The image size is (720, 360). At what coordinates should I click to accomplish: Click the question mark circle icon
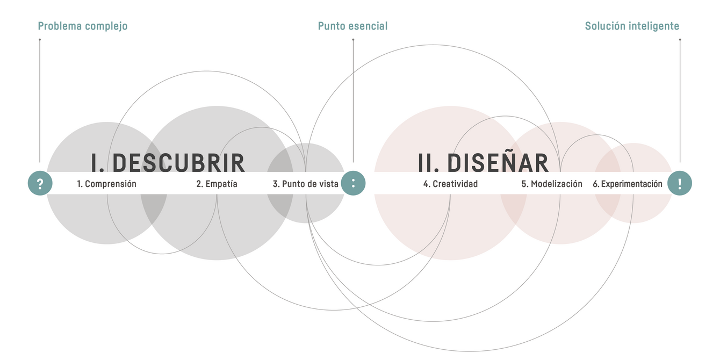click(40, 183)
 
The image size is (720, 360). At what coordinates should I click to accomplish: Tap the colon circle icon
click(353, 183)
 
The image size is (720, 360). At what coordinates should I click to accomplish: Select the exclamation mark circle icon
click(680, 183)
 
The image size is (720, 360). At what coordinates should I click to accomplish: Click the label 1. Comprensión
click(107, 184)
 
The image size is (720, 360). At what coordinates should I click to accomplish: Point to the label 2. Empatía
click(217, 184)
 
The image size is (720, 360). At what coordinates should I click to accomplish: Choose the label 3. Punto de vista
click(306, 184)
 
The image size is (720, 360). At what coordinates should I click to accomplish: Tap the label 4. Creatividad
click(450, 184)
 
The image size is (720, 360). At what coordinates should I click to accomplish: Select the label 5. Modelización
click(552, 184)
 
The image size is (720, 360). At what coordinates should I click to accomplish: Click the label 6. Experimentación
click(628, 184)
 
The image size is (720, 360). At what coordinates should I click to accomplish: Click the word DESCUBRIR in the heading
click(179, 163)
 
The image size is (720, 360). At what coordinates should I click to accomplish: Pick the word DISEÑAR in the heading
click(498, 162)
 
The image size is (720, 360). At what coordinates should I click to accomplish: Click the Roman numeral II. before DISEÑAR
click(428, 163)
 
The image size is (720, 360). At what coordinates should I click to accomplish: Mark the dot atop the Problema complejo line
click(40, 40)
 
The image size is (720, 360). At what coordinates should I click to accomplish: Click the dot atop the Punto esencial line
click(353, 40)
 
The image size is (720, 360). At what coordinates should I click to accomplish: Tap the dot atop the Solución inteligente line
click(680, 40)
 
